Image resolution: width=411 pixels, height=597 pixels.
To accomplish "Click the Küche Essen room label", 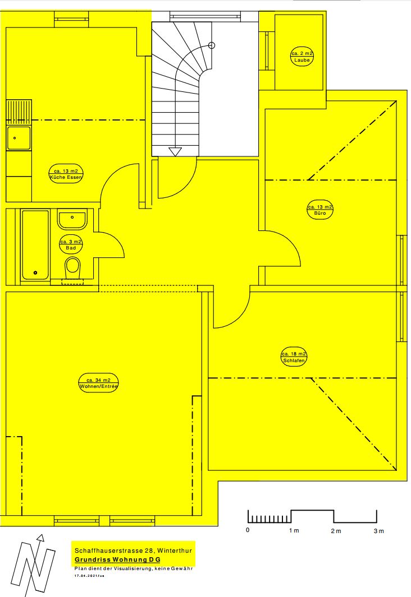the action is point(66,174).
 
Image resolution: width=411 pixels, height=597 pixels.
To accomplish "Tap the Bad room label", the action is point(71,244).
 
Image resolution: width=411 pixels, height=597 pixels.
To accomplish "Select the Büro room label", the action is point(320,210).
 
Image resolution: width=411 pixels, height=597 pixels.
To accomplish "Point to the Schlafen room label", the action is point(294,357).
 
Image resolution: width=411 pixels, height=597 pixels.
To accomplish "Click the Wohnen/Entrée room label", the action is point(98,383).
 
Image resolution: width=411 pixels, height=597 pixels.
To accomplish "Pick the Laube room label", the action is point(302,57).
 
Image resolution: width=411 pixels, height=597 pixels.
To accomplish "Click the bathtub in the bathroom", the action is point(35,245).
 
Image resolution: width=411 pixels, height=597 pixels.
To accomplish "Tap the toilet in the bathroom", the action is point(72,268).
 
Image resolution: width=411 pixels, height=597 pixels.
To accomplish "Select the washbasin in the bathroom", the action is point(72,220).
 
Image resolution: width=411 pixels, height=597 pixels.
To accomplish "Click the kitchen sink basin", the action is point(19,138).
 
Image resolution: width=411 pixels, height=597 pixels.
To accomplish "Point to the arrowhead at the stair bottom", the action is point(175,152).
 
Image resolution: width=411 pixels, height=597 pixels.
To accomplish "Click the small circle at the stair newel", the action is point(212,45).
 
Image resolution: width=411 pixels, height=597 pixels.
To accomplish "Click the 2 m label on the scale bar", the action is point(336,531).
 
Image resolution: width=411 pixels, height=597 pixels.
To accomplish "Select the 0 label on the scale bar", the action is point(248,530).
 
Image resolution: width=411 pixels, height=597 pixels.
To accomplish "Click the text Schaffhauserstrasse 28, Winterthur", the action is point(133,550).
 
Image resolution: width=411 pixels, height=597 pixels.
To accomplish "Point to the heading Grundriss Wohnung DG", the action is point(117,559).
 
